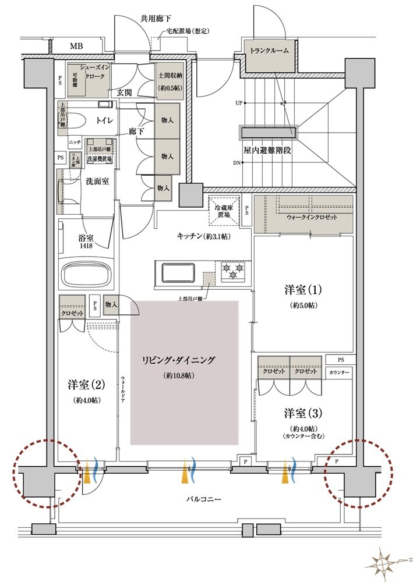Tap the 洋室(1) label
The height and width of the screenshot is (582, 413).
pyautogui.click(x=303, y=289)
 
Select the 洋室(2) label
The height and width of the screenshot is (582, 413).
pyautogui.click(x=86, y=385)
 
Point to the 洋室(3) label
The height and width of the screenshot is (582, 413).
pyautogui.click(x=303, y=413)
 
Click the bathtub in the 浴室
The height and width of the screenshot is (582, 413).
pyautogui.click(x=86, y=274)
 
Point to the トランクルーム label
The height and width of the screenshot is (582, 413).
pyautogui.click(x=269, y=51)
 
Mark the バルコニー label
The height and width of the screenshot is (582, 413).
pyautogui.click(x=203, y=499)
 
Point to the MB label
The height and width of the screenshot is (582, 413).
pyautogui.click(x=76, y=46)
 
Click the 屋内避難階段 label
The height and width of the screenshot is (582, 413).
pyautogui.click(x=267, y=150)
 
